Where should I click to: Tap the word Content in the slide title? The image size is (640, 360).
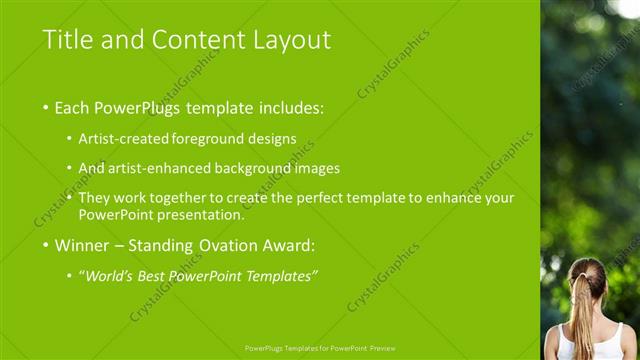click(x=192, y=40)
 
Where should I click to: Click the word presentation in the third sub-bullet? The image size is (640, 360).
click(x=205, y=215)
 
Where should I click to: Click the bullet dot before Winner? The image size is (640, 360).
click(x=45, y=244)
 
